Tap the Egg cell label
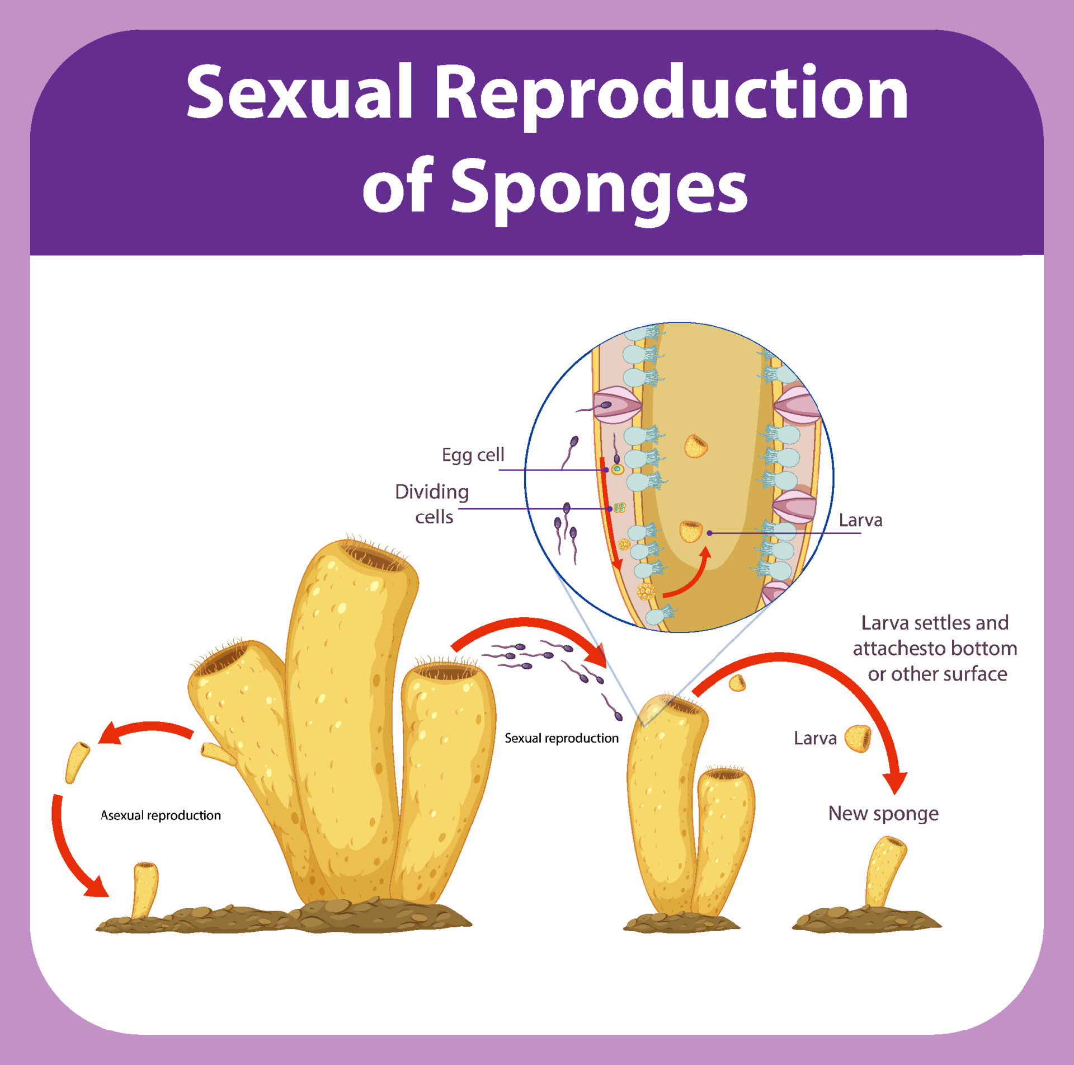(x=473, y=454)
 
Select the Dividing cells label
(x=432, y=504)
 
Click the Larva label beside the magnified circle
(x=860, y=520)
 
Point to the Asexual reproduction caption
(x=161, y=815)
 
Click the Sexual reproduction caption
(x=561, y=738)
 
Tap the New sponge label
(x=883, y=813)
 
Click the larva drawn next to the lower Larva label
(x=858, y=738)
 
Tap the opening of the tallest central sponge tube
(x=374, y=557)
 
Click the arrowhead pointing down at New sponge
(x=894, y=781)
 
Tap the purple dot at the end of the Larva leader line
(x=709, y=533)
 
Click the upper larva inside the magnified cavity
(x=696, y=446)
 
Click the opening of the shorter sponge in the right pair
(x=725, y=775)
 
